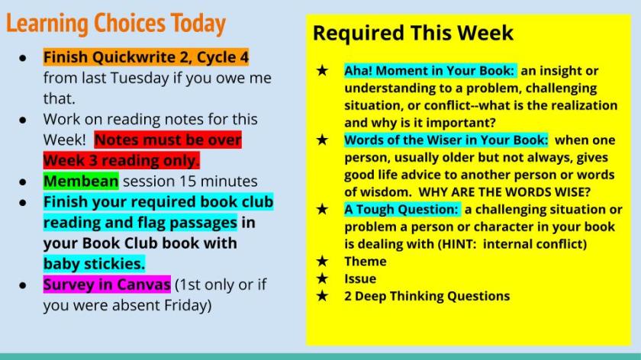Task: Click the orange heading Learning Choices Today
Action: point(116,24)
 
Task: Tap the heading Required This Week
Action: point(413,33)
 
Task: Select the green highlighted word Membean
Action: point(81,181)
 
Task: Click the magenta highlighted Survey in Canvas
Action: point(107,284)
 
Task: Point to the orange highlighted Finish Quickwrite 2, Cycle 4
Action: point(146,57)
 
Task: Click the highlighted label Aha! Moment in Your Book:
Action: point(430,71)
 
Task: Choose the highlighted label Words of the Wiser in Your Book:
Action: point(446,140)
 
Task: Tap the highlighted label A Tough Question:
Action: point(402,209)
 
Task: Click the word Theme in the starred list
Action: point(366,261)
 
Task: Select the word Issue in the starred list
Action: point(360,278)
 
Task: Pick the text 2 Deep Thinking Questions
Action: point(427,296)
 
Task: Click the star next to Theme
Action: point(322,261)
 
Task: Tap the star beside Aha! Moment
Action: point(322,70)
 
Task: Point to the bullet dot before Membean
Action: point(23,182)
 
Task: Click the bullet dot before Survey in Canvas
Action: point(23,285)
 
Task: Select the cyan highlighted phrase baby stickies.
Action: point(94,264)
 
